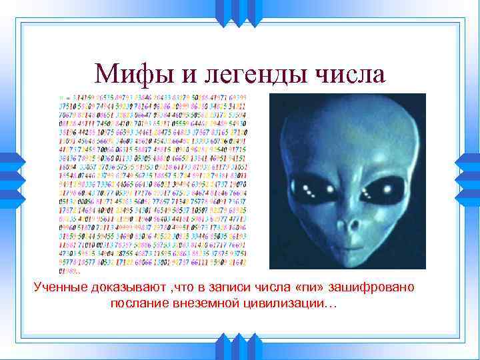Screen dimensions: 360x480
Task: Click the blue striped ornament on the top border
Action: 240,11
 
